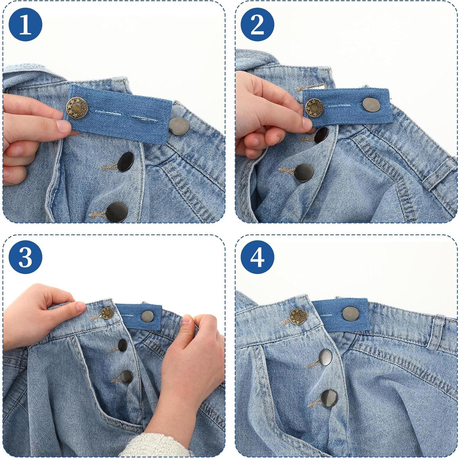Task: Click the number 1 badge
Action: tap(26, 25)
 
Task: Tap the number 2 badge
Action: tap(257, 25)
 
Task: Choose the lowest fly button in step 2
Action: tap(304, 173)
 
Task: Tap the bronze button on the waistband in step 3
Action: tap(107, 313)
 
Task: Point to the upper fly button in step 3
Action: tap(122, 345)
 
